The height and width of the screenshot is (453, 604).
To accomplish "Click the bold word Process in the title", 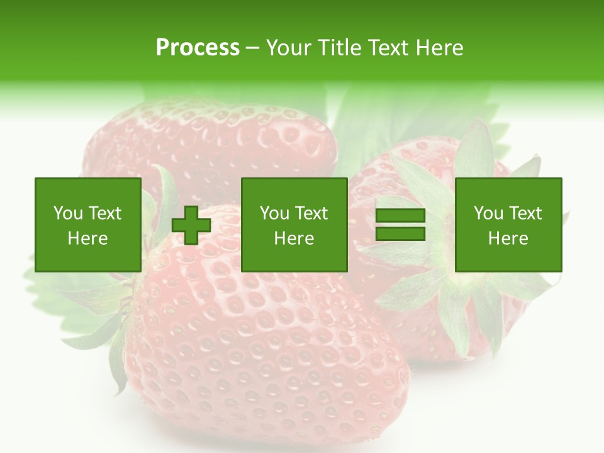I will point(198,48).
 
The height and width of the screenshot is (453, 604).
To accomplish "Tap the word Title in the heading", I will point(340,48).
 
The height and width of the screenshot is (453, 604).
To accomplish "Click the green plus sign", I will point(191,225).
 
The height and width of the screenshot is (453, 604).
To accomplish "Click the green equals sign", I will point(400,225).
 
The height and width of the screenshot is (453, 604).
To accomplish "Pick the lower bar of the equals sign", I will point(400,233).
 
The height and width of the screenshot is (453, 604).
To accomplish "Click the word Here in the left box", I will point(87,238).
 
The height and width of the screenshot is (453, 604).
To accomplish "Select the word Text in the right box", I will point(525,213).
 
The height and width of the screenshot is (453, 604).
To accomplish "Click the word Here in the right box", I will point(508,238).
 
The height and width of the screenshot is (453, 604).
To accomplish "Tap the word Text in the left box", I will point(104,213).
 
